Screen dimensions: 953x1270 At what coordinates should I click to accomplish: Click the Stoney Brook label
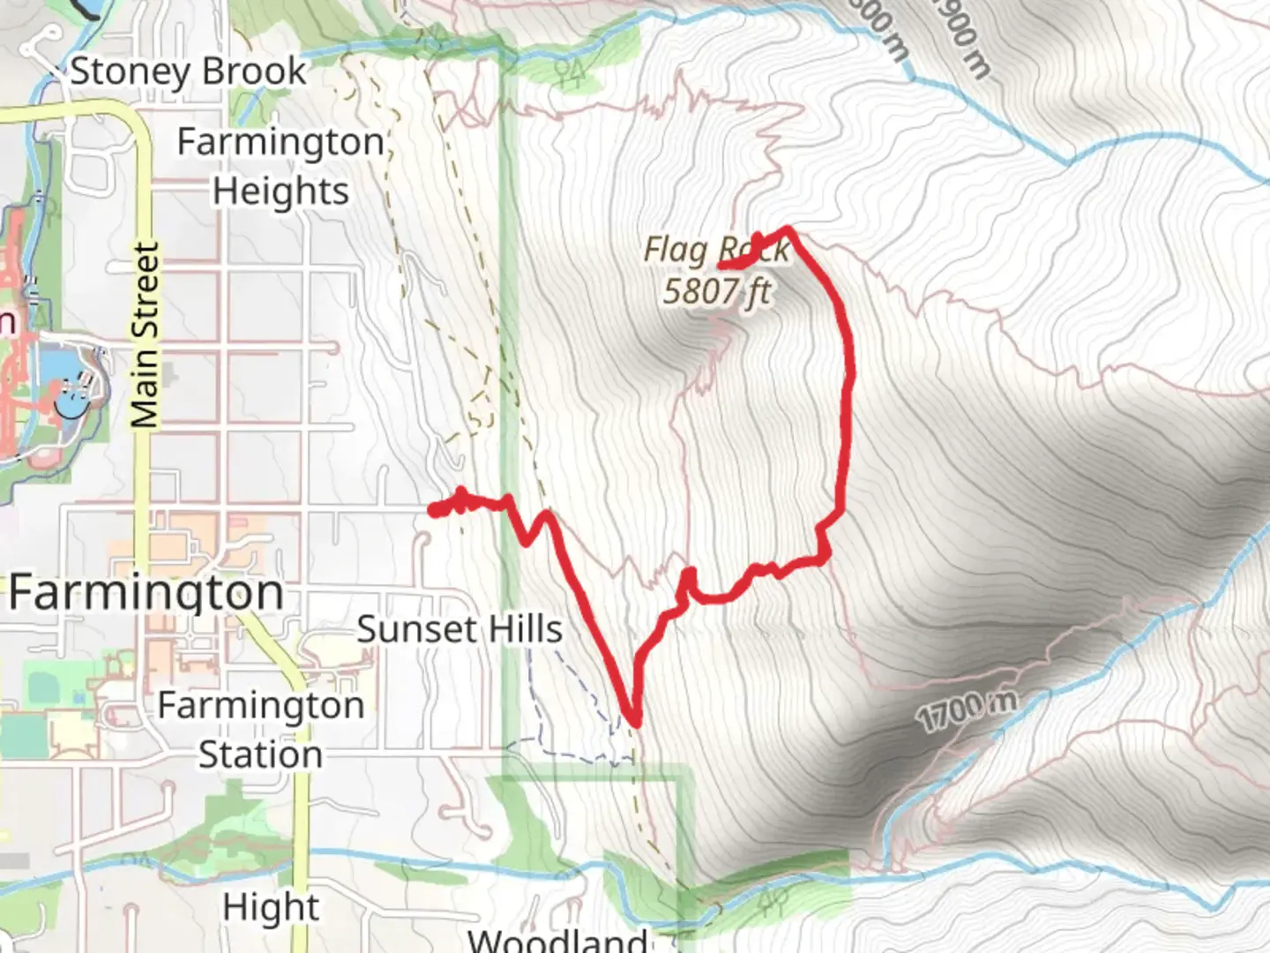[188, 71]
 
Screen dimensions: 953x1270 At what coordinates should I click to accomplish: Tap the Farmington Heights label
[280, 166]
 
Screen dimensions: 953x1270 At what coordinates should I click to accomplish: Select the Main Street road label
[146, 335]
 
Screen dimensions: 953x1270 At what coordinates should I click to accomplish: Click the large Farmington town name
[146, 592]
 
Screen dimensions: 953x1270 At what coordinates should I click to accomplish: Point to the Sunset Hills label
[459, 629]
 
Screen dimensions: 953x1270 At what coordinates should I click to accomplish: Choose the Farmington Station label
[260, 730]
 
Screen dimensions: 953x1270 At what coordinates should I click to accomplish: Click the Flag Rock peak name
[716, 251]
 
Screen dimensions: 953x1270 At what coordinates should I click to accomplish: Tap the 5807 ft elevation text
[716, 291]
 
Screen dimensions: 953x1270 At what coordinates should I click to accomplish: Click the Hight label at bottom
[271, 907]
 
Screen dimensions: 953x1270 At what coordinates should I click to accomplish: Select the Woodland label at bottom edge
[557, 939]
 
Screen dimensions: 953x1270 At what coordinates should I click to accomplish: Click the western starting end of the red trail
[432, 509]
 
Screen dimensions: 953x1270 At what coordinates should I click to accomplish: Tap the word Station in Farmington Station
[260, 755]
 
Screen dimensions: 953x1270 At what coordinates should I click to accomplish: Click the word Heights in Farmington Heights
[280, 191]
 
